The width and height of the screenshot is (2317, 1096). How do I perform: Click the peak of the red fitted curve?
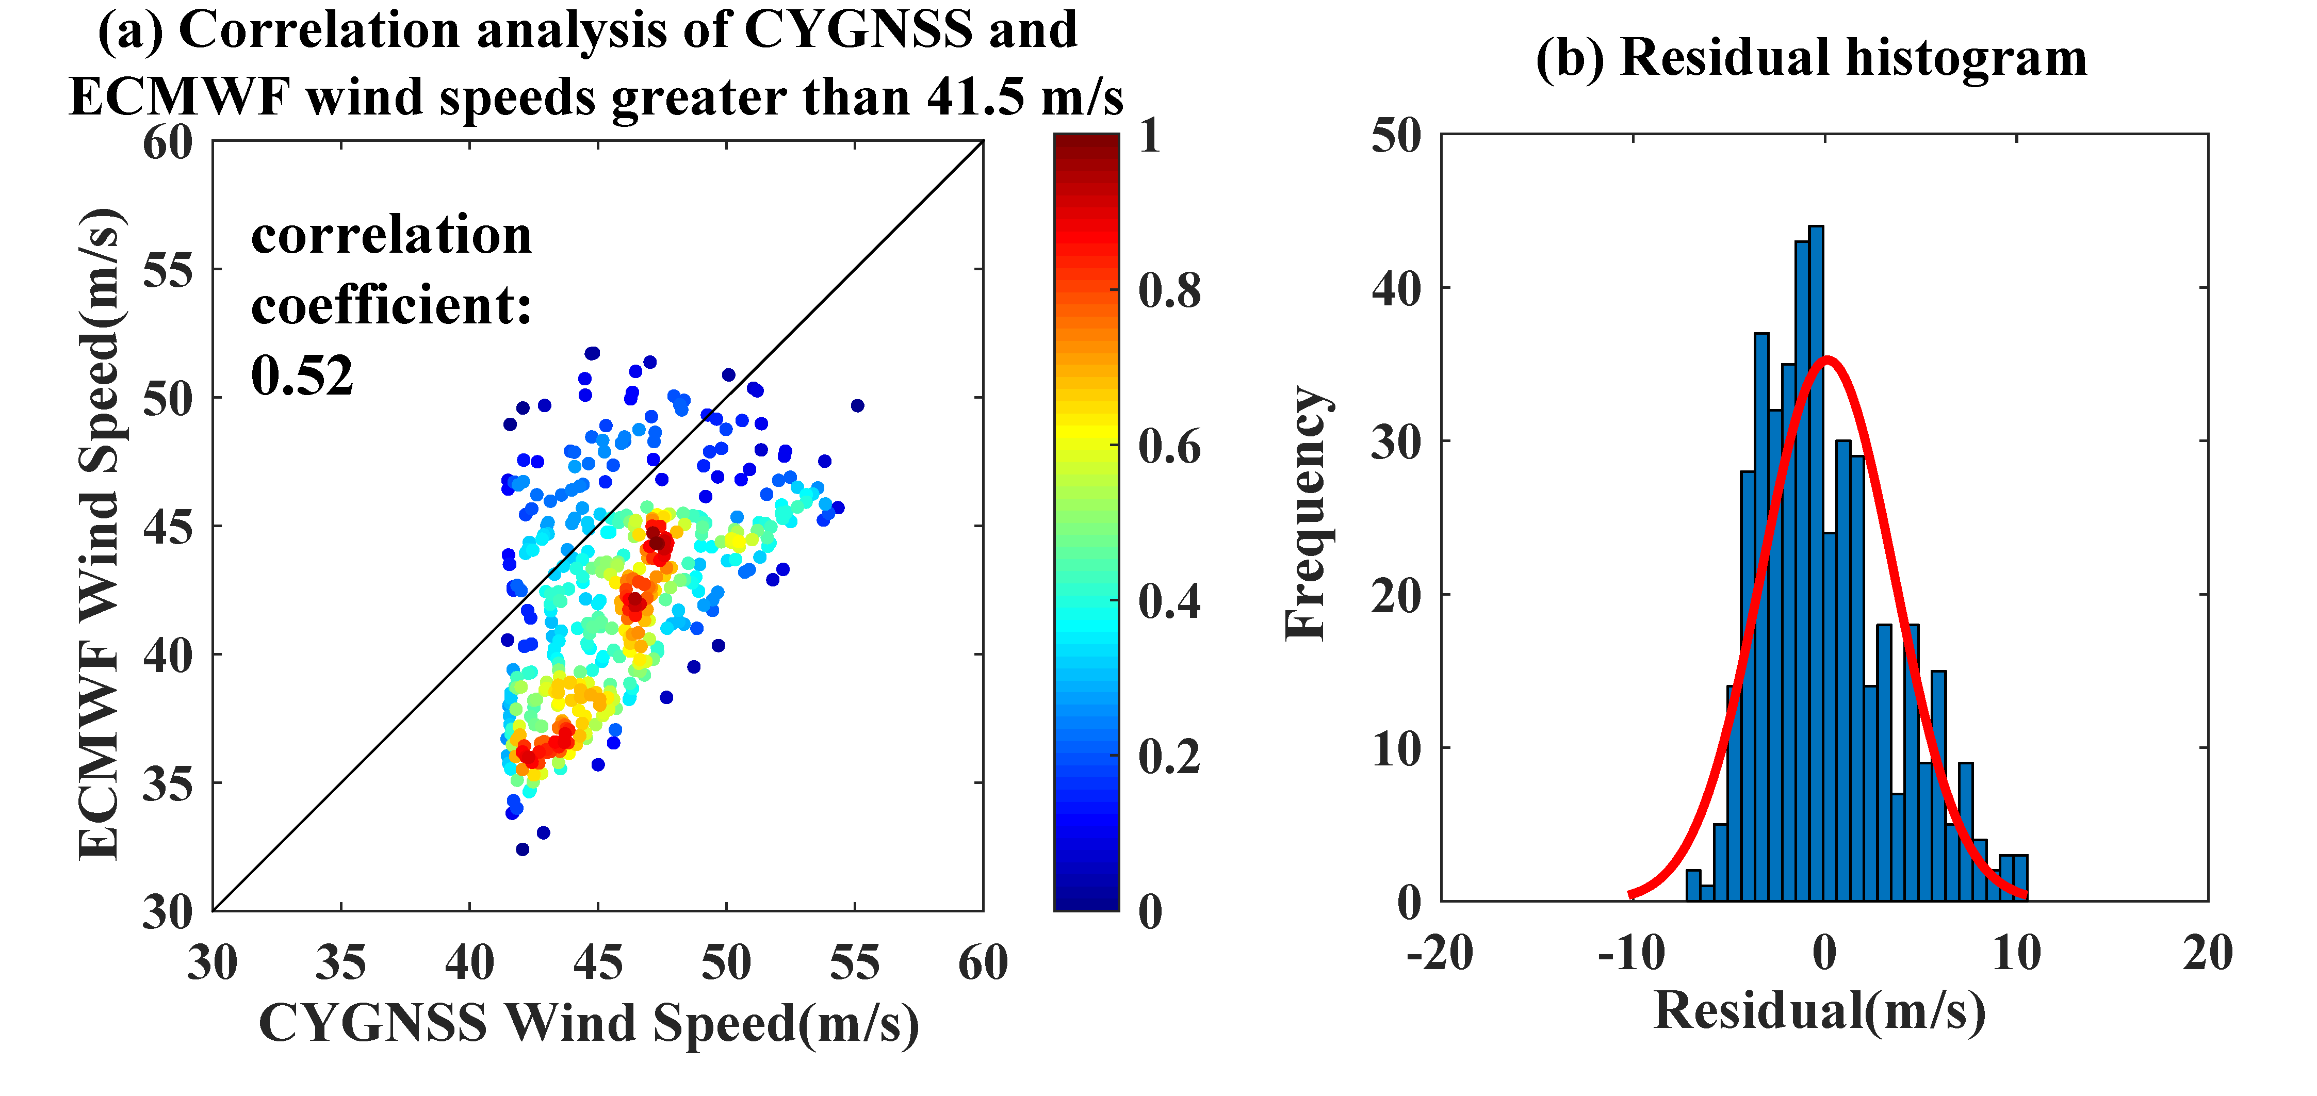point(1827,359)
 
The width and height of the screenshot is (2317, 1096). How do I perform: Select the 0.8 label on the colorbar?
point(1169,290)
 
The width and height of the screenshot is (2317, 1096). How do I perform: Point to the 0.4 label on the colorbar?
point(1169,600)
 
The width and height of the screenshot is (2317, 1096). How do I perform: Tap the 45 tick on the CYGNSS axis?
point(598,963)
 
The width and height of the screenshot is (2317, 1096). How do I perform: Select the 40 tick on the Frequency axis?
point(1397,289)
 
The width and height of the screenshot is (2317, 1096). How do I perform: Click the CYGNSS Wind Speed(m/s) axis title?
point(589,1023)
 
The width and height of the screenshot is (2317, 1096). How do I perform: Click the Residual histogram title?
point(1812,58)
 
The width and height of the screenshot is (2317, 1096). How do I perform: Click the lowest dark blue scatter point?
point(521,849)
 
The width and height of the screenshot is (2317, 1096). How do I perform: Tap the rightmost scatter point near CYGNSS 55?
point(857,405)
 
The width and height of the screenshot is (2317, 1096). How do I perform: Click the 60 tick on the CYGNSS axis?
point(983,963)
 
